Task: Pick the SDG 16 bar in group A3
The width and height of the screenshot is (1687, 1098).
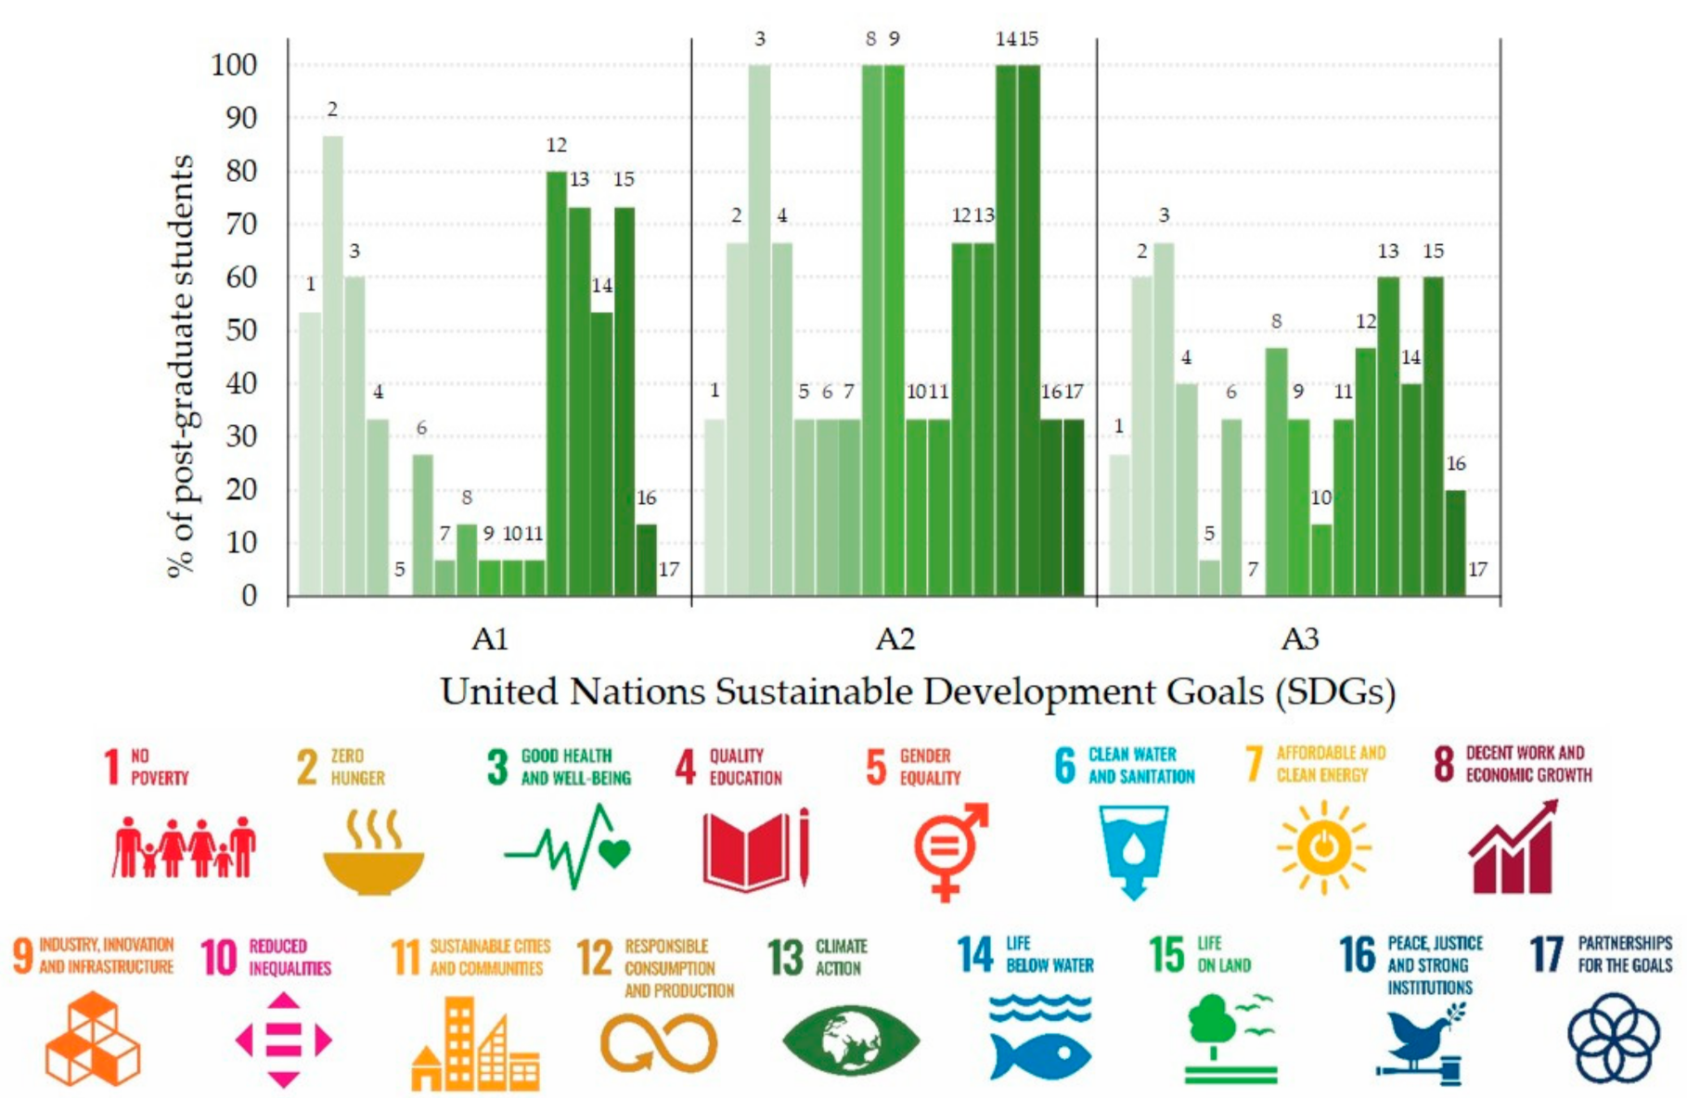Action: [x=1455, y=542]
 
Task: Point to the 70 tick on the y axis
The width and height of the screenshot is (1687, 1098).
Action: [x=241, y=224]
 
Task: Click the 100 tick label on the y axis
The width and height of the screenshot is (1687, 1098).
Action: [x=234, y=65]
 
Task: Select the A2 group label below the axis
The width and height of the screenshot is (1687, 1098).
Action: [x=895, y=639]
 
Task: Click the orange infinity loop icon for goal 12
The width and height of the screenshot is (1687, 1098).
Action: [x=658, y=1043]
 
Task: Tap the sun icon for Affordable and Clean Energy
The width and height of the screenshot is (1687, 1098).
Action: [x=1323, y=847]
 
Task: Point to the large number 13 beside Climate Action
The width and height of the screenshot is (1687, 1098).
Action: [x=785, y=957]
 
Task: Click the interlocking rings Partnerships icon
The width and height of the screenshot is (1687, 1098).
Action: [x=1612, y=1039]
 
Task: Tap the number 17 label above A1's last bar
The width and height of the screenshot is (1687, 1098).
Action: [x=668, y=569]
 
